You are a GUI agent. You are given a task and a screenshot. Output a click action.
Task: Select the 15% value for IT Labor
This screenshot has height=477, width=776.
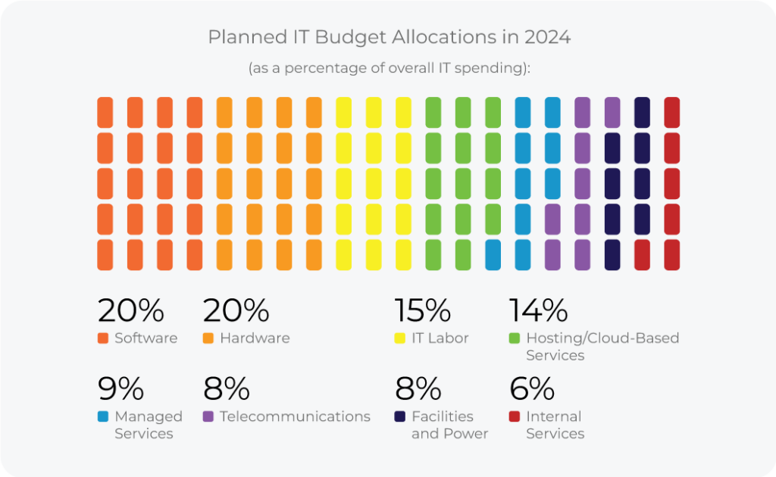[x=422, y=310]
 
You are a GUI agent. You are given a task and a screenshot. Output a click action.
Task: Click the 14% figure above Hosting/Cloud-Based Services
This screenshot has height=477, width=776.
[x=537, y=310]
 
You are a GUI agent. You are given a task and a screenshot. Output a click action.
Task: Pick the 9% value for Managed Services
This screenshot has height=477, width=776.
[x=120, y=389]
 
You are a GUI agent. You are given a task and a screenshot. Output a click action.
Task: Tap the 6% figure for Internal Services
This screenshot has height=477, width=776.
[x=531, y=389]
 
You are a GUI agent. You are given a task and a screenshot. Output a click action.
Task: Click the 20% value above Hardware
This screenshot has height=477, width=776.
[x=236, y=310]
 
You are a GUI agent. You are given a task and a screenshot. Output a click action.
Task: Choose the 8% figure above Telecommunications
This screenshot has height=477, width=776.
[x=226, y=389]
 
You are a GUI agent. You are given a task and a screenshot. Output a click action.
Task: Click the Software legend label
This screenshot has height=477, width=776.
[x=145, y=338]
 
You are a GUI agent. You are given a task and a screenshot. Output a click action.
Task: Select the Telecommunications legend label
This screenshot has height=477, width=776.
[x=295, y=416]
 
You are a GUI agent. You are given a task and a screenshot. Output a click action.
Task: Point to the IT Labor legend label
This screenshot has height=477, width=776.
[x=440, y=338]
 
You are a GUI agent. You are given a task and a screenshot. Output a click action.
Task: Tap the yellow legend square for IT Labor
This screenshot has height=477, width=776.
[x=400, y=338]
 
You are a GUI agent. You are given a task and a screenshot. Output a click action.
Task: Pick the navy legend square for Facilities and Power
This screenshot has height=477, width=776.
[x=400, y=416]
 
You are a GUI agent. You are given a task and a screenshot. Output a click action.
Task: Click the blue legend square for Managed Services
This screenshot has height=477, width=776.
[x=103, y=416]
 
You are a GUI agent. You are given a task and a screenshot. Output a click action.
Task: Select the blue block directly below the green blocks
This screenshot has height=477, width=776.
[x=493, y=254]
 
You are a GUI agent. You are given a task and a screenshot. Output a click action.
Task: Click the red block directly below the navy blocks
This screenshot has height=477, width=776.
[x=642, y=254]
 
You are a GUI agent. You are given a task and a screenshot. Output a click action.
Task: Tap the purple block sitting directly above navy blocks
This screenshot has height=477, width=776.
[x=612, y=112]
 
